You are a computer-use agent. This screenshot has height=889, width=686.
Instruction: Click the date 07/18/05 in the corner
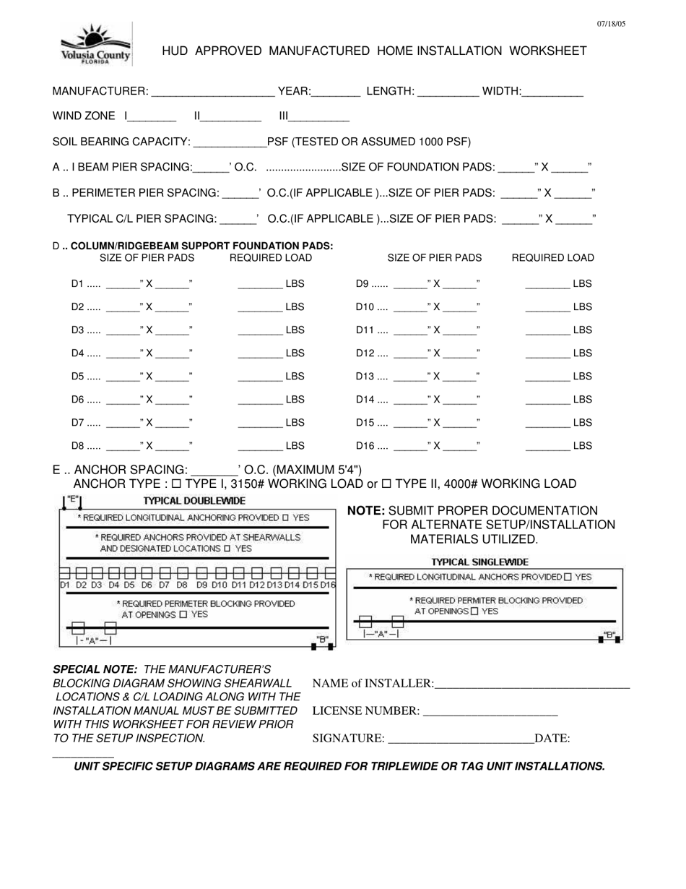point(611,24)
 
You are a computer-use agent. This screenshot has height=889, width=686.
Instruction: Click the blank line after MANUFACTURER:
point(213,93)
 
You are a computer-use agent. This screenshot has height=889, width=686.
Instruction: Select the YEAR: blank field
point(337,93)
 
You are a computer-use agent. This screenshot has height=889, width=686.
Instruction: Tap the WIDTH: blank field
point(552,93)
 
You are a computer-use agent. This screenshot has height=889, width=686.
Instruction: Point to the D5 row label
point(78,377)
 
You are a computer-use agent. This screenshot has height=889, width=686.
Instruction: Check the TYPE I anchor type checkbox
point(176,484)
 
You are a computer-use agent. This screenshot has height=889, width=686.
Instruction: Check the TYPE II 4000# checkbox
point(386,484)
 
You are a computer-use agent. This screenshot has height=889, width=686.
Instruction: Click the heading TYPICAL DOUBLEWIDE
point(194,501)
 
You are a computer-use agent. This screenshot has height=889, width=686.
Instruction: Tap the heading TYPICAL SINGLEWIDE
point(480,562)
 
